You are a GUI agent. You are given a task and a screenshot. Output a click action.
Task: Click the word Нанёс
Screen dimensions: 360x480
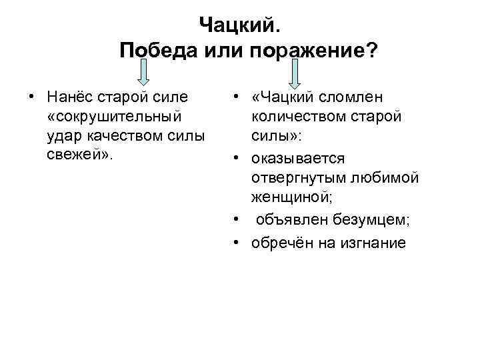[71, 97]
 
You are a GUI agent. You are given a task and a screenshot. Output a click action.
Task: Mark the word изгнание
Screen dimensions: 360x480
[370, 242]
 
